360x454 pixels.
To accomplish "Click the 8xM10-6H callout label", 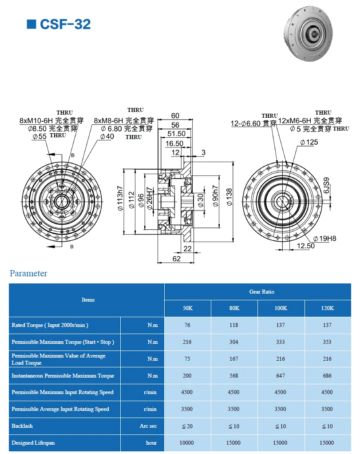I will tap(36, 120).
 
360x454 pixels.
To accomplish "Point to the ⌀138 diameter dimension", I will tap(229, 197).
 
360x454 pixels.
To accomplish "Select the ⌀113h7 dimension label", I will tap(119, 201).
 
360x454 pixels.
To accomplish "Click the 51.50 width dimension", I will tap(176, 134).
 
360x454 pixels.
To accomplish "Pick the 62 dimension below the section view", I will tap(176, 259).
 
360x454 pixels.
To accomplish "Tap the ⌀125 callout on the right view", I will tap(309, 143).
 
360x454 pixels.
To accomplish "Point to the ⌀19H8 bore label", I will tap(325, 239).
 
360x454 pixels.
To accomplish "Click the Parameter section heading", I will tap(28, 273).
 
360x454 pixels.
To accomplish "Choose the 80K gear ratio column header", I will tap(233, 308).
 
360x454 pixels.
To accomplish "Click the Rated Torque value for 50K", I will tap(187, 325).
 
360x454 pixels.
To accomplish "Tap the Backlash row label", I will tap(22, 426).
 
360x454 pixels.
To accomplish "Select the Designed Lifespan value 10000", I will tap(187, 443).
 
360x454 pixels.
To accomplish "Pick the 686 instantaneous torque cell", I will tap(327, 376).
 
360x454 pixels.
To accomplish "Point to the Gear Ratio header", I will tap(261, 292).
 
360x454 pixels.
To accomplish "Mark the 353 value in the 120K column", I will tap(327, 342).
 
